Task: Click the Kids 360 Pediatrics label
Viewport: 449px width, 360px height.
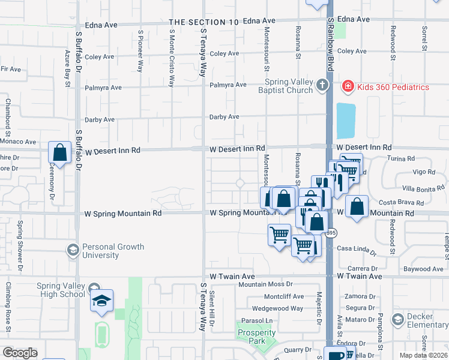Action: [393, 87]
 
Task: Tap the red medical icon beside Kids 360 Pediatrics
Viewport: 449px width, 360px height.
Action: [347, 87]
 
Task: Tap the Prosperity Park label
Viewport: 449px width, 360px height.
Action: [256, 337]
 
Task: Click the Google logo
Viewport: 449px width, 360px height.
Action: [19, 353]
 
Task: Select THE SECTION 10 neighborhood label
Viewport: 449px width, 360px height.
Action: [204, 22]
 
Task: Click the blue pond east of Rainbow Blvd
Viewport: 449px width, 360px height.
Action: [346, 120]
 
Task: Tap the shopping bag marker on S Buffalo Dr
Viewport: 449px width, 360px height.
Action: [60, 152]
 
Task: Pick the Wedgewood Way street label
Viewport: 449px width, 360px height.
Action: [277, 308]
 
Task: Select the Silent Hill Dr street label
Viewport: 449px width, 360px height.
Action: [212, 310]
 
